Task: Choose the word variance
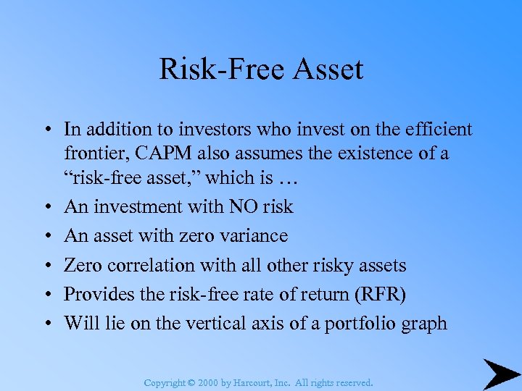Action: click(253, 236)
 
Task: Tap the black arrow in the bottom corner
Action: click(501, 374)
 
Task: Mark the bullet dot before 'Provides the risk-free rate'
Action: click(45, 295)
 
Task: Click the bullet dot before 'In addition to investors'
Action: click(45, 130)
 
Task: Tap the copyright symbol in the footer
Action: click(192, 382)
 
